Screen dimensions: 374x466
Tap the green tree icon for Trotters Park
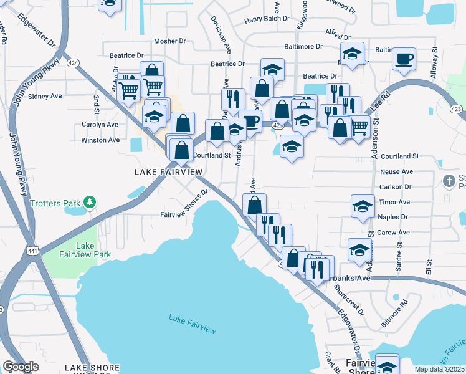(91, 202)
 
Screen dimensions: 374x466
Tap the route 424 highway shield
(74, 62)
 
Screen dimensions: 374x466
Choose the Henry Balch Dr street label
(267, 19)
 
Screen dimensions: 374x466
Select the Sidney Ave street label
(45, 97)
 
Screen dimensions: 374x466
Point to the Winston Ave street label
(100, 140)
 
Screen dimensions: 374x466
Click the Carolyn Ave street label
(100, 124)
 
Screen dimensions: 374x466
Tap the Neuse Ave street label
(396, 171)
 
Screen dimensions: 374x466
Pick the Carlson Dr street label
(396, 186)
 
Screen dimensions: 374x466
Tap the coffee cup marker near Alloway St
(404, 59)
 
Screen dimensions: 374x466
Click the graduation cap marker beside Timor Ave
(363, 206)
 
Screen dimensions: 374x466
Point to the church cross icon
(449, 180)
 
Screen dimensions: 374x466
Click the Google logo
(21, 367)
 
